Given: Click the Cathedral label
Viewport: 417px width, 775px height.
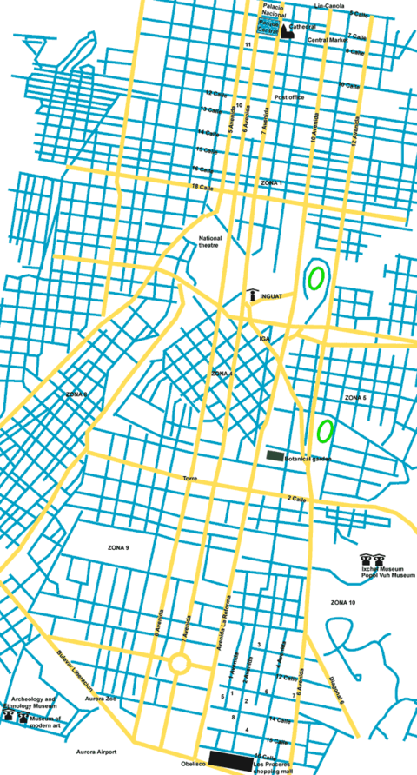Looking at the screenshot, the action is click(x=303, y=27).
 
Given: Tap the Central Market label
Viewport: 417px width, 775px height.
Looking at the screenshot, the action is click(x=327, y=40).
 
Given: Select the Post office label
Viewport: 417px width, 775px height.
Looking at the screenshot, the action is click(x=289, y=97).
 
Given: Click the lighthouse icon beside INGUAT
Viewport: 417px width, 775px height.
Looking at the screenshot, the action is click(x=252, y=295).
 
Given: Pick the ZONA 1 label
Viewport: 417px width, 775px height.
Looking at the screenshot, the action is click(x=272, y=183).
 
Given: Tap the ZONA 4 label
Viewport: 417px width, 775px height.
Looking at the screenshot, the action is click(x=222, y=373).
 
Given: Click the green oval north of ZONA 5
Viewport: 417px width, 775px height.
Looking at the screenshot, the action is click(x=326, y=429).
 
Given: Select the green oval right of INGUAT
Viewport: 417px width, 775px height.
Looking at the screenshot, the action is click(x=316, y=278).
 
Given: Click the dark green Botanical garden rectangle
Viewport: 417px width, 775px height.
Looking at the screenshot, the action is click(x=275, y=455).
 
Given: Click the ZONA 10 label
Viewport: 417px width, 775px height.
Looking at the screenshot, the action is click(x=343, y=602).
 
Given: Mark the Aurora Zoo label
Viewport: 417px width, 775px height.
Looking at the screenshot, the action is click(x=101, y=699).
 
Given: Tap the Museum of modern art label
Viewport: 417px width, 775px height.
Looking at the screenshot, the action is click(x=45, y=721).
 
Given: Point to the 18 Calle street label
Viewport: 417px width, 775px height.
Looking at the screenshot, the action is click(x=202, y=187).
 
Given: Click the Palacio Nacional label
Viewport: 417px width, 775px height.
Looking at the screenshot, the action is click(x=275, y=10).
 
